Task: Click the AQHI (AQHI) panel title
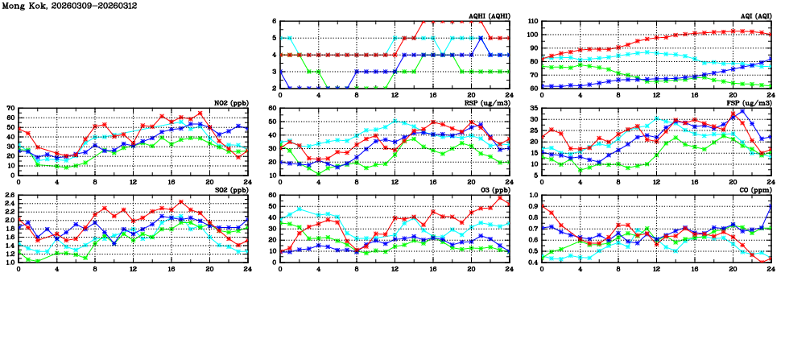click(x=487, y=16)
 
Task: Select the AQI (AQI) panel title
click(x=752, y=16)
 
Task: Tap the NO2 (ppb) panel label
click(x=233, y=103)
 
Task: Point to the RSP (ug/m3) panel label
click(x=486, y=103)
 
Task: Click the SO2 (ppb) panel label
click(x=233, y=191)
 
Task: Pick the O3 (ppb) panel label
click(x=492, y=191)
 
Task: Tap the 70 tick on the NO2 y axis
click(x=10, y=108)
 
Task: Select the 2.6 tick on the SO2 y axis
click(x=9, y=196)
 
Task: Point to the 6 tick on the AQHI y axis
click(x=273, y=22)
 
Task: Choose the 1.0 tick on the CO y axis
click(x=532, y=196)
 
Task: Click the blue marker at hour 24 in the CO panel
click(x=771, y=205)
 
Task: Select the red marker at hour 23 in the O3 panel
click(x=499, y=198)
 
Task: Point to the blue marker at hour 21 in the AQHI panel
click(x=481, y=38)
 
